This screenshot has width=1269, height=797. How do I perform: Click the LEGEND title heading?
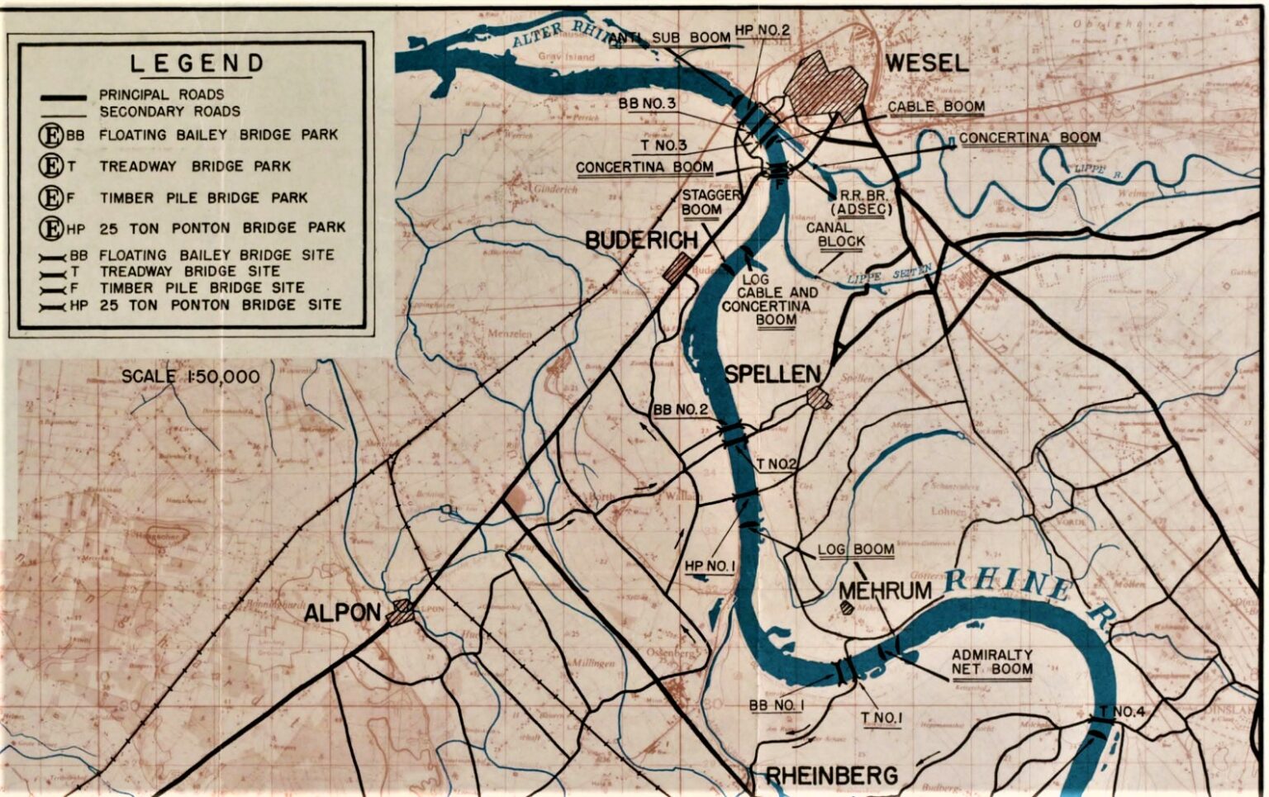(197, 63)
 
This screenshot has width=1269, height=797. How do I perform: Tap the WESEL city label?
(926, 63)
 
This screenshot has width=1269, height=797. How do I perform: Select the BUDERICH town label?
(641, 240)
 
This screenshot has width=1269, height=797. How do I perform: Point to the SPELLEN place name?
(772, 374)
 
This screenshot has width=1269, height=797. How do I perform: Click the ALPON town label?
(342, 613)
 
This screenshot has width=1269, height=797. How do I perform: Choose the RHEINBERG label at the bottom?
(831, 776)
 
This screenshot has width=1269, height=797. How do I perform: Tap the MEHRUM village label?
(885, 591)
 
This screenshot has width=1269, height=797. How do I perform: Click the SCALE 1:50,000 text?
(190, 377)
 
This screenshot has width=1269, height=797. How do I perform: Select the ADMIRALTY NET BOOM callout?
(991, 662)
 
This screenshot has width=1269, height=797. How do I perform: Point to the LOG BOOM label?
(856, 549)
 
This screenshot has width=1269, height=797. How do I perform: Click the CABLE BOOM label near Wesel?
(936, 107)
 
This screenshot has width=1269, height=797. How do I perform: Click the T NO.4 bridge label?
(1120, 712)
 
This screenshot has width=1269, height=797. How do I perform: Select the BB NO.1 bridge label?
(776, 705)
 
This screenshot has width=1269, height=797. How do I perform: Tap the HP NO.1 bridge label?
(710, 566)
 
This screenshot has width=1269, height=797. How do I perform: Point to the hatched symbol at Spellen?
(819, 398)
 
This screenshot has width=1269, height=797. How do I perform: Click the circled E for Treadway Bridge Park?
(51, 166)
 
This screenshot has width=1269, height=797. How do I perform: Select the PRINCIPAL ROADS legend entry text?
(161, 94)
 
